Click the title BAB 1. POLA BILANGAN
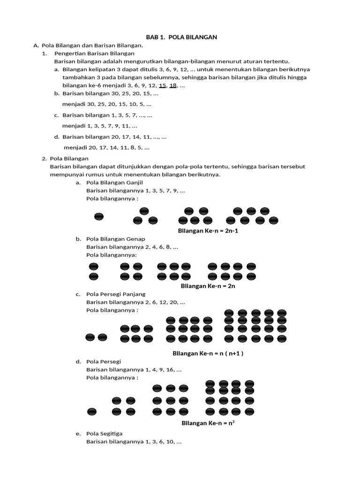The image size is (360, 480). (x=181, y=37)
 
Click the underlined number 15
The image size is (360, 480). (x=163, y=85)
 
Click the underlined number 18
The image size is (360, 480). (x=173, y=85)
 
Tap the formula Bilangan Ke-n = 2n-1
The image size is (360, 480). (x=205, y=231)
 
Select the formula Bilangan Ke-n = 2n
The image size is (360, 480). (x=208, y=286)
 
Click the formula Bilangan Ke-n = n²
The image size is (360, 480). (x=208, y=423)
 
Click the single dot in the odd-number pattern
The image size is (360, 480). (x=99, y=217)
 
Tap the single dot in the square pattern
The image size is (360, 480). (x=92, y=412)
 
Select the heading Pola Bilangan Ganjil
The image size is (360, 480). (x=114, y=182)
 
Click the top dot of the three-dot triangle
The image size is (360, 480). (x=144, y=211)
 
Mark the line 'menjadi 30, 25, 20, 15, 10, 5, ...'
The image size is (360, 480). (x=107, y=104)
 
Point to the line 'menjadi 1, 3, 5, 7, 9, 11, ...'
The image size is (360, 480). (x=99, y=126)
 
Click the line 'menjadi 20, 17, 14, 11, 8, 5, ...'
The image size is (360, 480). (x=106, y=147)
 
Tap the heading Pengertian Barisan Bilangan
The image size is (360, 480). (x=94, y=53)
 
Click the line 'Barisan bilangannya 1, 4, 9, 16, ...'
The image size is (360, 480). (x=134, y=369)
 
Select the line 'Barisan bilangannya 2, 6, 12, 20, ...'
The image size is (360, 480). (x=135, y=302)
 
